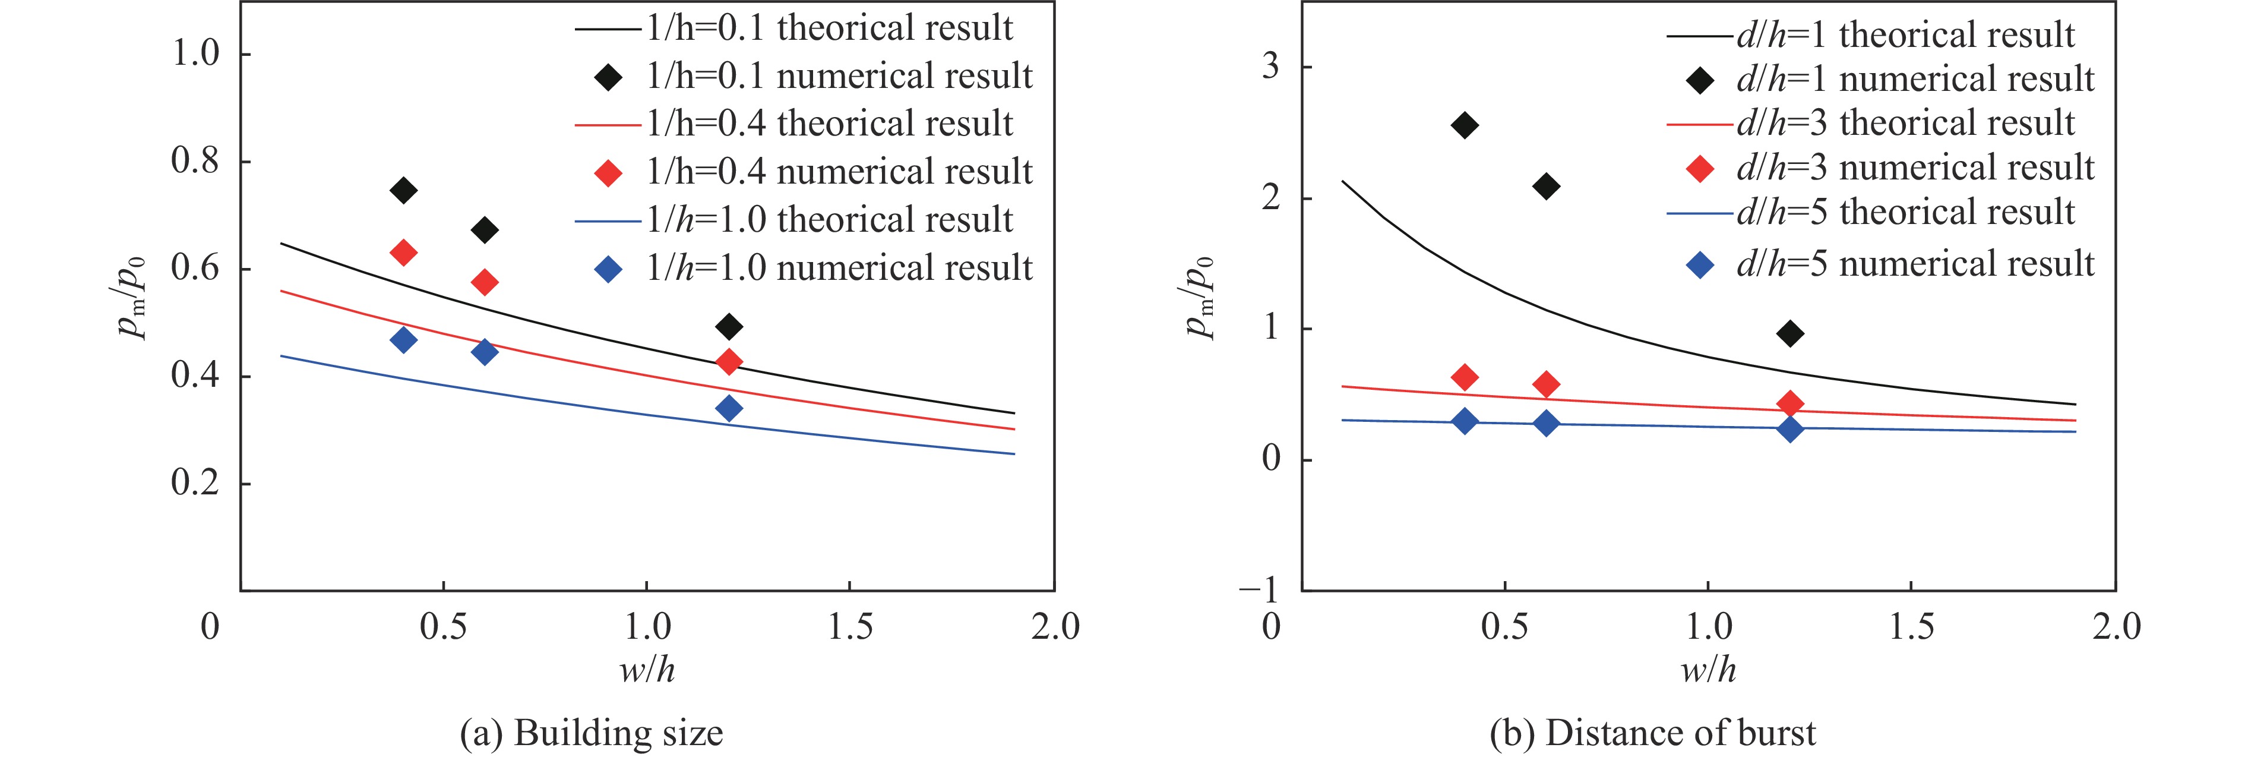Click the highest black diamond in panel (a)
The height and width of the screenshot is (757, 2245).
[x=403, y=190]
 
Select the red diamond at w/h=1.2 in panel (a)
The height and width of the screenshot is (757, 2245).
[x=729, y=361]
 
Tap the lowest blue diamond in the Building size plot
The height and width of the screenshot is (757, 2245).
[x=729, y=408]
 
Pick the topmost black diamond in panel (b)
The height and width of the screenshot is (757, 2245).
[x=1465, y=125]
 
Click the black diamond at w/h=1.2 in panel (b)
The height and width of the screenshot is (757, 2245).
[x=1790, y=333]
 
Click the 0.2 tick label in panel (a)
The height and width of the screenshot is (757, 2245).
[x=195, y=483]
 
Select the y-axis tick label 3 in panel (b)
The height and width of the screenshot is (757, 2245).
[x=1270, y=67]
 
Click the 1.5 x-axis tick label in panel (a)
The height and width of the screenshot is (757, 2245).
[x=850, y=626]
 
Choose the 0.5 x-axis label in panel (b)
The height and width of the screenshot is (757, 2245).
[x=1504, y=626]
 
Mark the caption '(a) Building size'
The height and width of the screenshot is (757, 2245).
[x=591, y=733]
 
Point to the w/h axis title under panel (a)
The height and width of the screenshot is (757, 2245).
[x=647, y=670]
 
